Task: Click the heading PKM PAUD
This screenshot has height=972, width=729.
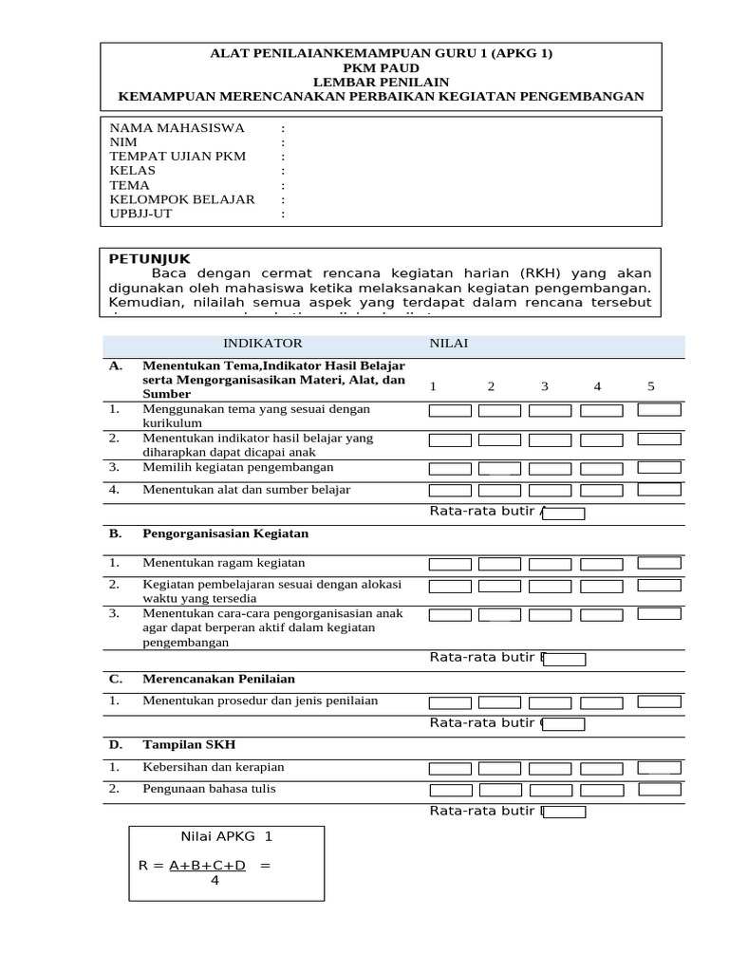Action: click(381, 68)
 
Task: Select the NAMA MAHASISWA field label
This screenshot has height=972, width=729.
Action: click(178, 128)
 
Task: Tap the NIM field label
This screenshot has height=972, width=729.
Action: click(124, 142)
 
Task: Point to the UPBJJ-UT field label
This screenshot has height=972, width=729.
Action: click(142, 214)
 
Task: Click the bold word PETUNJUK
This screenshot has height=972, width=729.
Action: click(150, 258)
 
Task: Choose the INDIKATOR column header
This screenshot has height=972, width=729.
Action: click(262, 344)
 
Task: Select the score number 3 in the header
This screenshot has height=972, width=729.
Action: click(545, 386)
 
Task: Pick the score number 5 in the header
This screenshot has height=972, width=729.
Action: click(651, 386)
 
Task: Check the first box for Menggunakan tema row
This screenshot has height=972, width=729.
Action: click(450, 411)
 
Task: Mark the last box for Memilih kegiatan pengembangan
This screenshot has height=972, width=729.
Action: click(659, 467)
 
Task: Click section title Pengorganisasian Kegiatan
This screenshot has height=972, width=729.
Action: click(226, 533)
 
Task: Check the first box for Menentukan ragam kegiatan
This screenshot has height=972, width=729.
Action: click(450, 564)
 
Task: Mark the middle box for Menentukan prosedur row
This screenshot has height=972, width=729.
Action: click(550, 702)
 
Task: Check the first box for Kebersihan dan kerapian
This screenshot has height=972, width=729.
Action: click(450, 768)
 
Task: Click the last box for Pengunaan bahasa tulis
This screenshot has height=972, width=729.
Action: click(659, 789)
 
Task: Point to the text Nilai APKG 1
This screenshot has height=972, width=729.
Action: click(226, 836)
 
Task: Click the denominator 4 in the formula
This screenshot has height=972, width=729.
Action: click(215, 880)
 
